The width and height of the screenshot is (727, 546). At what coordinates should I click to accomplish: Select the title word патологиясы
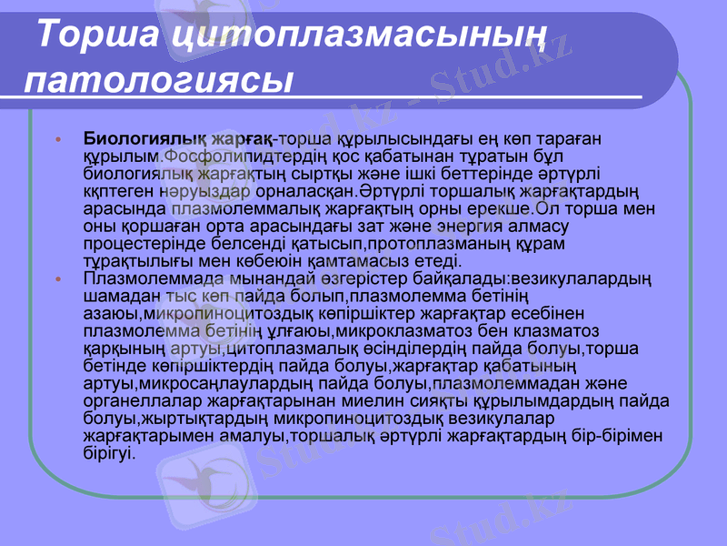pyautogui.click(x=158, y=79)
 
